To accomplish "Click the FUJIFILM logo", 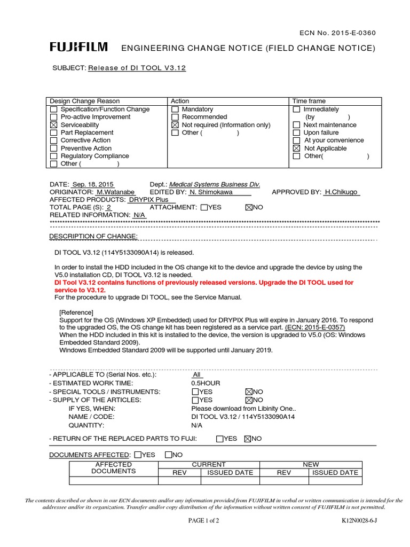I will pyautogui.click(x=78, y=48).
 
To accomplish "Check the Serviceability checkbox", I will pyautogui.click(x=53, y=125).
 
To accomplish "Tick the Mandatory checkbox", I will pyautogui.click(x=175, y=110).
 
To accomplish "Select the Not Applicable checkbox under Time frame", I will pyautogui.click(x=296, y=149).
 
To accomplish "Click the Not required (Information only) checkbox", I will pyautogui.click(x=175, y=125).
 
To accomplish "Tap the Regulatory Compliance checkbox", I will pyautogui.click(x=53, y=157).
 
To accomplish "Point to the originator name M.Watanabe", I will pyautogui.click(x=115, y=192).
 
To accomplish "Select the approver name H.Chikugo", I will pyautogui.click(x=342, y=192).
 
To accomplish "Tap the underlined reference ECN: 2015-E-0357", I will pyautogui.click(x=315, y=327).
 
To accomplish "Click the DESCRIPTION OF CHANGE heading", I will pyautogui.click(x=93, y=237).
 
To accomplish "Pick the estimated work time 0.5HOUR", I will pyautogui.click(x=206, y=383).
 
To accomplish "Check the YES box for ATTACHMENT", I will pyautogui.click(x=205, y=207).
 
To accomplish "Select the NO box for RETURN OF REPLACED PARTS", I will pyautogui.click(x=247, y=439).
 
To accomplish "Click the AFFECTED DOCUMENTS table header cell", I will pyautogui.click(x=113, y=468).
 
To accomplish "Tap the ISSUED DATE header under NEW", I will pyautogui.click(x=335, y=473).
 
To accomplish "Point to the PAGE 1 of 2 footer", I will pyautogui.click(x=204, y=520).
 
